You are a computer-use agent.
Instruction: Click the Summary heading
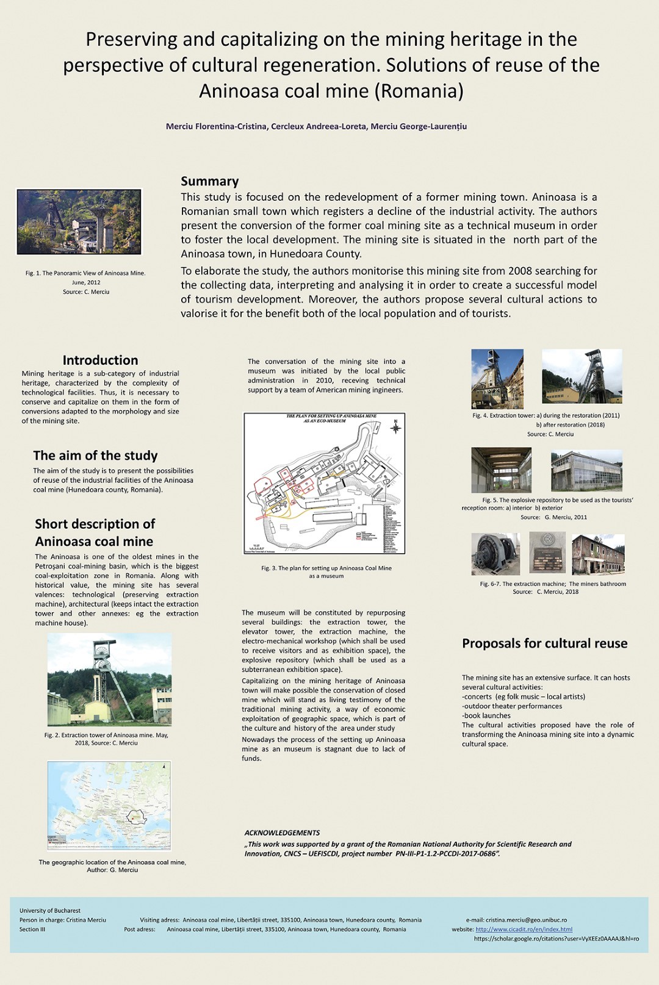tap(209, 181)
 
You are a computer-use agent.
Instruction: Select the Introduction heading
tap(100, 360)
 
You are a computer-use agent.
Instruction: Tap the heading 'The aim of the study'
tap(95, 456)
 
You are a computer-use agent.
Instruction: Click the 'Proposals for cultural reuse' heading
tap(544, 643)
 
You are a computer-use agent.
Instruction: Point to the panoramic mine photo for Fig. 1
tap(79, 221)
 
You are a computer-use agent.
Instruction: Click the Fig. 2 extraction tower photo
tap(109, 679)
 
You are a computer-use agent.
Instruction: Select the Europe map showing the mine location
tap(109, 805)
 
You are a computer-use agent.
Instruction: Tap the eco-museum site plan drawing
tap(324, 483)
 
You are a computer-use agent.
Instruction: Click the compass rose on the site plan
tap(395, 427)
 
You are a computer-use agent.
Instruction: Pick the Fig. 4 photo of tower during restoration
tap(497, 378)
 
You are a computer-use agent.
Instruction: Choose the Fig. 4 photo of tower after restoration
tap(582, 376)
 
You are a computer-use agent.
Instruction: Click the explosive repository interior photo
tap(501, 470)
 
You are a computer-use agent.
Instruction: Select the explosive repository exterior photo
tap(586, 470)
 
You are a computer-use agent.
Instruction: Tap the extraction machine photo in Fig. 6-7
tap(495, 554)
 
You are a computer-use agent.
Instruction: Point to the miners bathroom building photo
tap(598, 554)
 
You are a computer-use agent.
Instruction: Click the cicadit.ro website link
tap(524, 929)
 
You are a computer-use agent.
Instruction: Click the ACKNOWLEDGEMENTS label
tap(282, 833)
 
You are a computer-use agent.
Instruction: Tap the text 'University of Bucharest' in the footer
tap(50, 911)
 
